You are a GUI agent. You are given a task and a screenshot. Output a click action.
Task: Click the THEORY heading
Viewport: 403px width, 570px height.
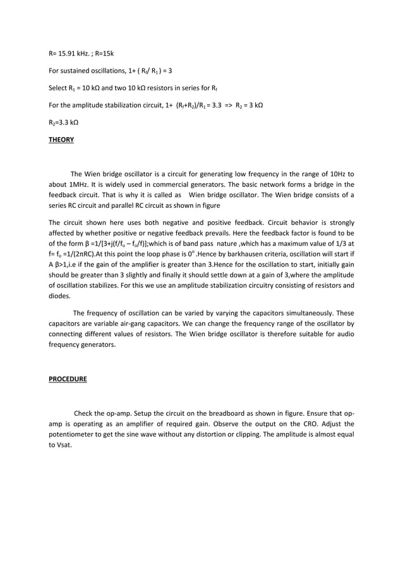click(61, 140)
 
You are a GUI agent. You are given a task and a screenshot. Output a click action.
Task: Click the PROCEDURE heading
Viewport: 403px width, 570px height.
click(68, 379)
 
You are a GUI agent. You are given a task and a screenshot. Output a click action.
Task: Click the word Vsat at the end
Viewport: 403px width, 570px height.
click(64, 444)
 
